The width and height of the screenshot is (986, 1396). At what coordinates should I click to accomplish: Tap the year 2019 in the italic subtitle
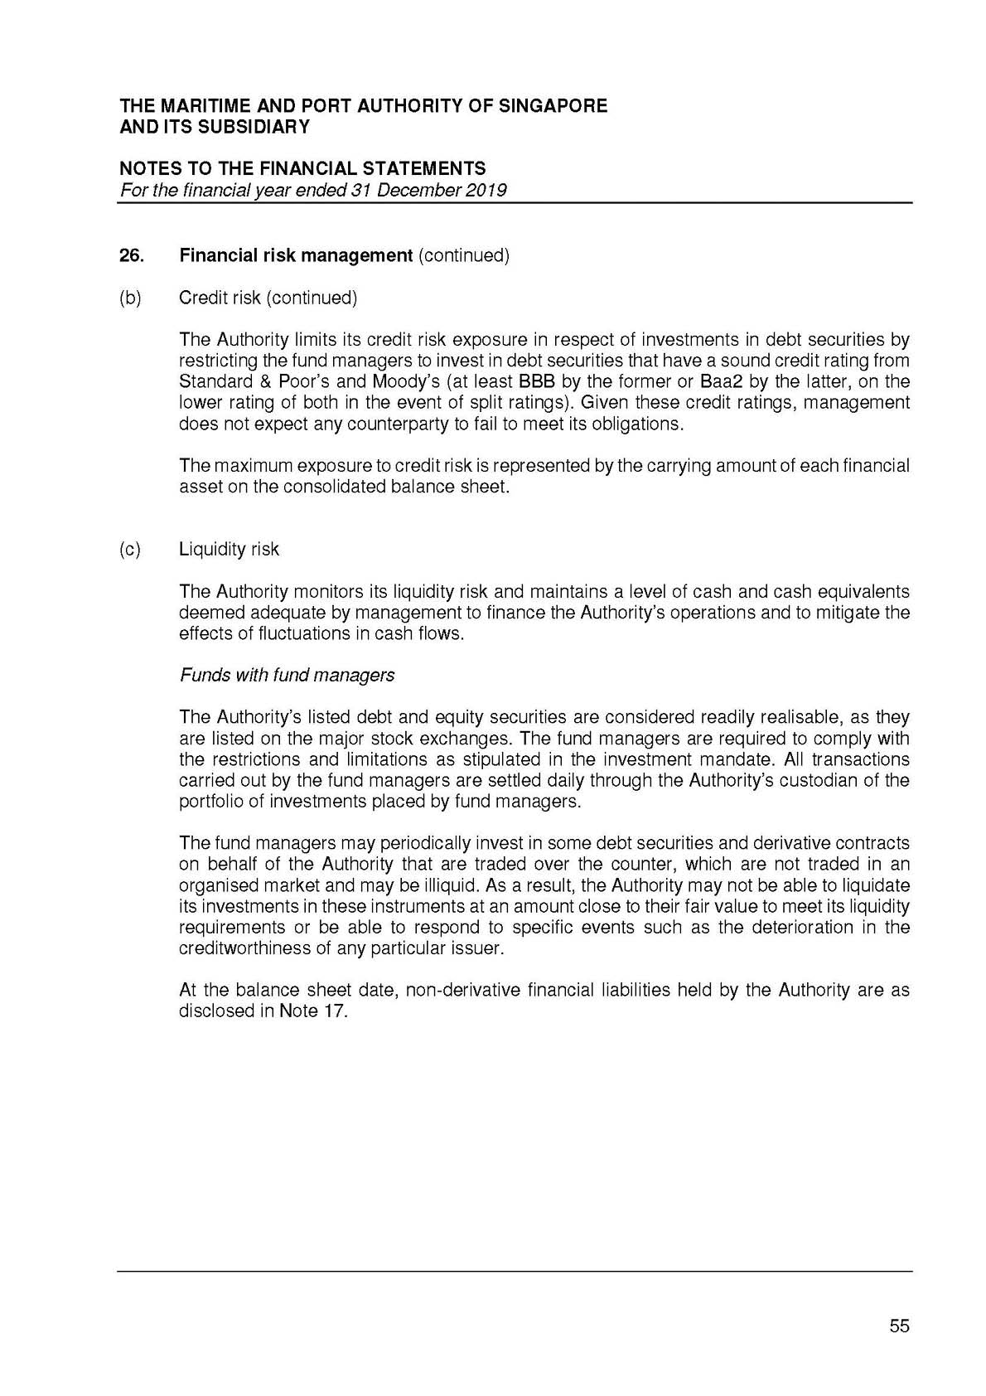tap(486, 190)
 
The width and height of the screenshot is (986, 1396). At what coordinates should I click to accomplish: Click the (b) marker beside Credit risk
tap(130, 298)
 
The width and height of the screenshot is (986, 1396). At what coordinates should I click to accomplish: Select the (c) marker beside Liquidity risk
tap(130, 550)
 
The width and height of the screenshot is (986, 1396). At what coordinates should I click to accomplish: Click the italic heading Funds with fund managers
tap(287, 675)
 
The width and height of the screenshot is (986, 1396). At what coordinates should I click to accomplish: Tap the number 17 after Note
tap(334, 1011)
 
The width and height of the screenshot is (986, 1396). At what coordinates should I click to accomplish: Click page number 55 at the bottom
tap(899, 1326)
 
